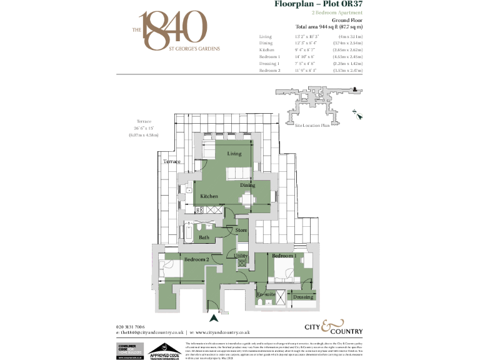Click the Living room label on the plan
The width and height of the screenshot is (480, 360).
(x=234, y=153)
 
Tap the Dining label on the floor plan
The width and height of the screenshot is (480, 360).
(x=247, y=185)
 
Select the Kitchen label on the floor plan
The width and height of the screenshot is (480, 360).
(x=209, y=196)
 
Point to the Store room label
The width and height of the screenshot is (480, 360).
(x=241, y=231)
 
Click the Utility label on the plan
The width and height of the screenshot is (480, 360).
(x=241, y=256)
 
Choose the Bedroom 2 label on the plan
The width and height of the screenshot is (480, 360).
(x=196, y=259)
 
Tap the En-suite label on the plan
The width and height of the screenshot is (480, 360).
(x=266, y=294)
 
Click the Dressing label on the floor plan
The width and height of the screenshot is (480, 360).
(x=303, y=297)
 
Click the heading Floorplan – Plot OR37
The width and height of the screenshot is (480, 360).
(x=319, y=4)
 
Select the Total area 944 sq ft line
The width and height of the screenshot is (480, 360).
(x=329, y=27)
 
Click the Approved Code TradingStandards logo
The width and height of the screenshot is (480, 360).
(x=164, y=351)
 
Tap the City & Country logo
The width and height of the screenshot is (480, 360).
(x=333, y=327)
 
